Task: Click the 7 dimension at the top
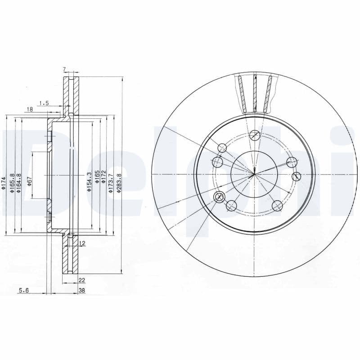(64, 69)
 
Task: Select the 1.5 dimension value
(44, 103)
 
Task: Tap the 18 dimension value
(30, 109)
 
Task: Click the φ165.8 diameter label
(13, 183)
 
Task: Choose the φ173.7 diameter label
(111, 184)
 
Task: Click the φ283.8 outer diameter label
(119, 183)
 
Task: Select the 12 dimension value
(82, 243)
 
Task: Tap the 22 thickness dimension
(81, 280)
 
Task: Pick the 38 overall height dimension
(81, 291)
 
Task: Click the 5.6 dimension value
(23, 291)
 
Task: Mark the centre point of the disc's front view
(254, 174)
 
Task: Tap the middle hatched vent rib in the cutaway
(255, 94)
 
